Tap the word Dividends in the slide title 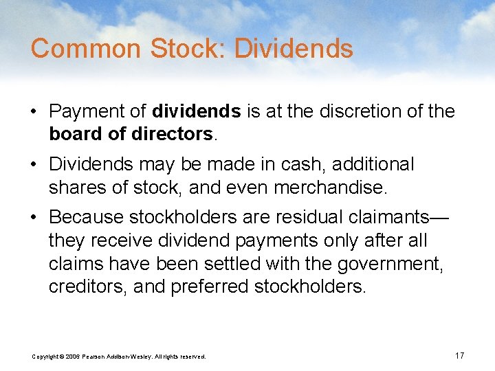coord(294,49)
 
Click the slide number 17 coord(460,355)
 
